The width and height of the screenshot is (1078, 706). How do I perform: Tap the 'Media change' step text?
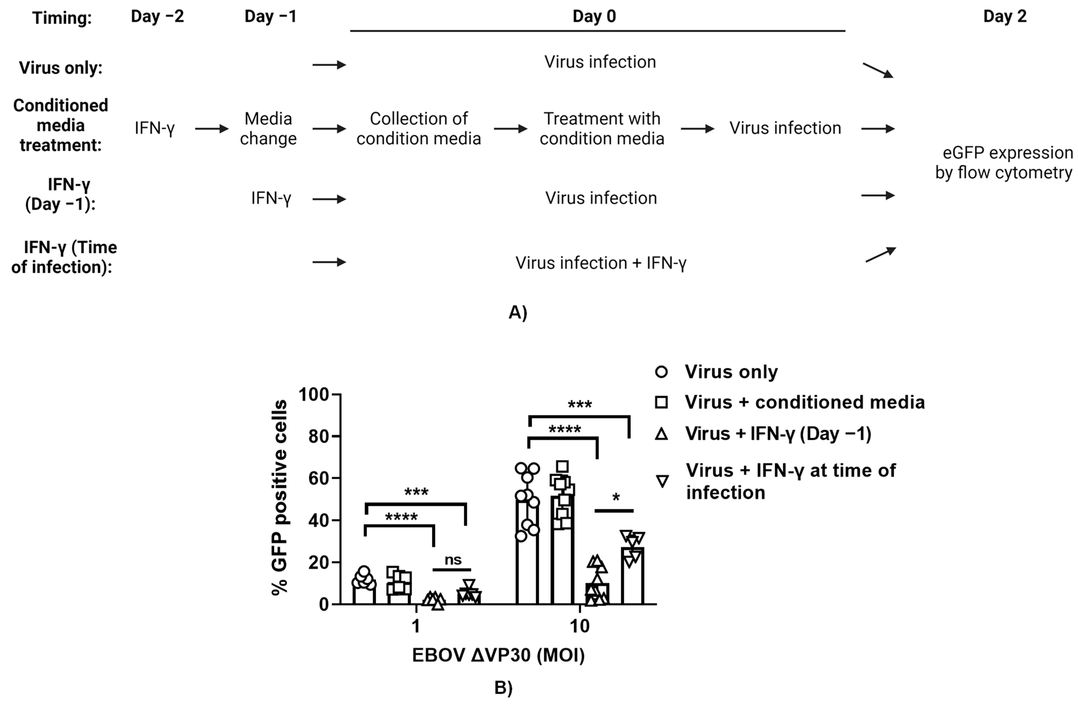tap(268, 129)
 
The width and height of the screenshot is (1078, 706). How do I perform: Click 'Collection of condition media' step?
tap(418, 129)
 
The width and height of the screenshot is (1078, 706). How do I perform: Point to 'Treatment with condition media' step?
tap(601, 129)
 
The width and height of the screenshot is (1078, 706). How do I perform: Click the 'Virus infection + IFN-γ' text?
tap(601, 263)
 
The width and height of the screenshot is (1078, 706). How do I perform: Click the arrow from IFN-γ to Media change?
tap(212, 129)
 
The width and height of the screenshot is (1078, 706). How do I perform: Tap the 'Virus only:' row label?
tap(61, 68)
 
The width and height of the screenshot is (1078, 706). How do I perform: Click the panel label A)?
tap(518, 313)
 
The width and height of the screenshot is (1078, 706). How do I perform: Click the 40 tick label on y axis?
tap(318, 520)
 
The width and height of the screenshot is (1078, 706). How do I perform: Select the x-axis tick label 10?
tap(579, 626)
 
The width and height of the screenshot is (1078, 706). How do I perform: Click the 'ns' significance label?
tap(453, 560)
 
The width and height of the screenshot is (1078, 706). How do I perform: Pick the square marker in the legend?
tap(661, 402)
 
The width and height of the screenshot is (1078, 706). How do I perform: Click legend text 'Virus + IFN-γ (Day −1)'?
tap(778, 434)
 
